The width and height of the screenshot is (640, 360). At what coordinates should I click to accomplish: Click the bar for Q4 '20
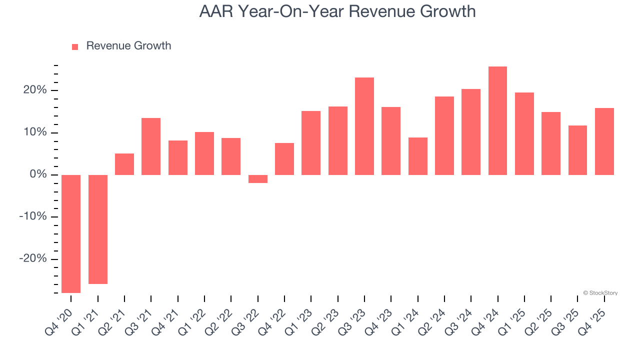(71, 233)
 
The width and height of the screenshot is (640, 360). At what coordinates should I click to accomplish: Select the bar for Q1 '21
(98, 229)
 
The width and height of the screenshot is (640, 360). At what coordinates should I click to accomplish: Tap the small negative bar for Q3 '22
(258, 179)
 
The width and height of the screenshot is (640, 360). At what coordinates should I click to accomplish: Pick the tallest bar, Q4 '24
(497, 120)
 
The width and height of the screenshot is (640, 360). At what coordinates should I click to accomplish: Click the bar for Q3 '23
(364, 126)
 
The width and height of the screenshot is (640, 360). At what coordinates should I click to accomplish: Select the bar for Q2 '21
(124, 164)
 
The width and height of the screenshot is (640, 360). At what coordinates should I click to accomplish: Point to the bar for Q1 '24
(418, 156)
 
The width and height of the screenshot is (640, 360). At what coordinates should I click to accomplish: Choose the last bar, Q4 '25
(604, 141)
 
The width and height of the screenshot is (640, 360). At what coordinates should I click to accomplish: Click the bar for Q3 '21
(151, 146)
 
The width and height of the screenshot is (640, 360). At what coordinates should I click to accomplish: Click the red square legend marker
(75, 47)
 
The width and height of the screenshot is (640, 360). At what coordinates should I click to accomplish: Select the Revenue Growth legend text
(128, 46)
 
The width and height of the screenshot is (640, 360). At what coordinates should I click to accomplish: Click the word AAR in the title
(217, 11)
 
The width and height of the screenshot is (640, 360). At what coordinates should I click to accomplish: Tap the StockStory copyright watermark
(600, 293)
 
